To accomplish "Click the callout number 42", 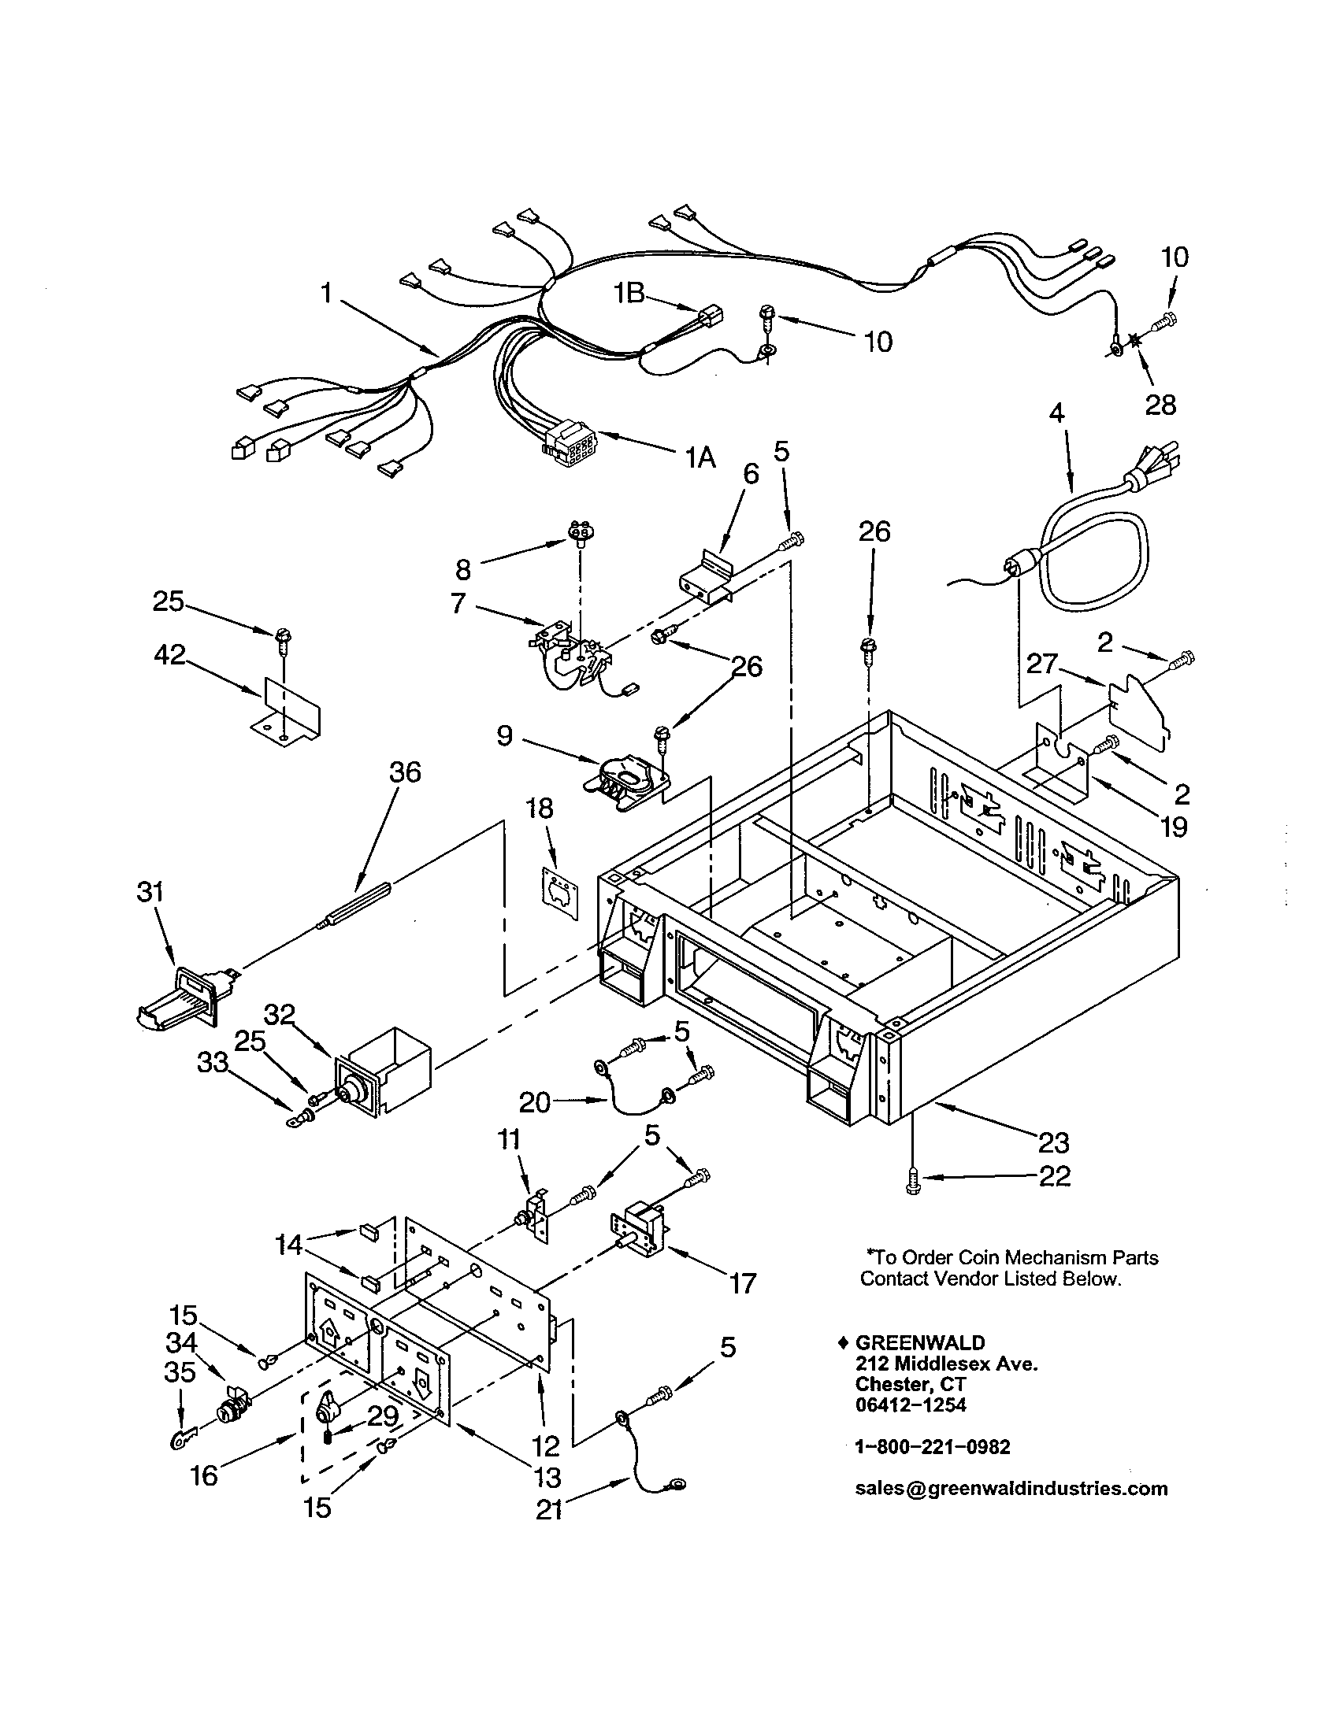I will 170,655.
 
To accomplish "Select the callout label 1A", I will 700,457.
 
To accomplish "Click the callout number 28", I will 1160,405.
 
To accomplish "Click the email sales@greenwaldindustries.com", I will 1011,1489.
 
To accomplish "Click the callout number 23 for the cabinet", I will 1054,1143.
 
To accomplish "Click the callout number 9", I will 506,736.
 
